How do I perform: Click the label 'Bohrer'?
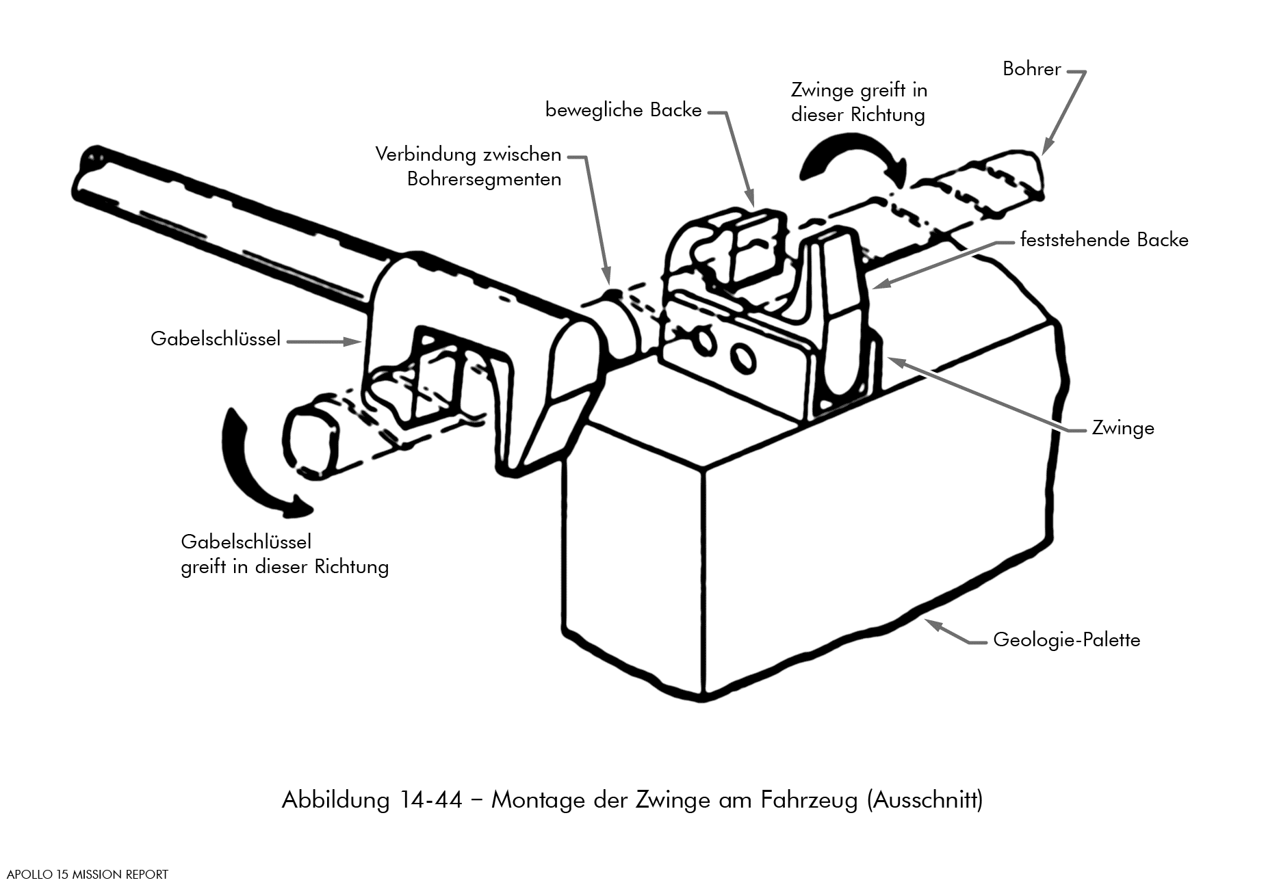coord(1031,69)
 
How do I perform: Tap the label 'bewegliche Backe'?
coord(623,110)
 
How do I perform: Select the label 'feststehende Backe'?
coord(1104,240)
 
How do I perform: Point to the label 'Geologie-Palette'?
coord(1066,640)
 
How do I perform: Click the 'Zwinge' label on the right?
coord(1122,428)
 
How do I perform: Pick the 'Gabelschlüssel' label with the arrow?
coord(216,339)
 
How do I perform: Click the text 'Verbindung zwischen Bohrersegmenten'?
coord(469,167)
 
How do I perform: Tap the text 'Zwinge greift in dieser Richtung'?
coord(859,102)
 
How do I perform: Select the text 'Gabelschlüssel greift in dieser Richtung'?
coord(285,555)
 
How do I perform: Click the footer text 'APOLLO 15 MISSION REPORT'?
coord(88,875)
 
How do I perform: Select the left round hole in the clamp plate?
coord(702,342)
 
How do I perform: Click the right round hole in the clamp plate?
coord(742,358)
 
